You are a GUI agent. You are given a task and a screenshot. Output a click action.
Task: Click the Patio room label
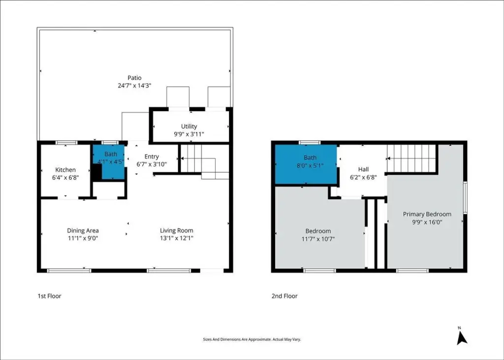(134, 77)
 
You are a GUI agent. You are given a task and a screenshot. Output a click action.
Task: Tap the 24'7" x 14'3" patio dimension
(134, 86)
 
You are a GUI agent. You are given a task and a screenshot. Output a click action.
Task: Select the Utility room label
(189, 126)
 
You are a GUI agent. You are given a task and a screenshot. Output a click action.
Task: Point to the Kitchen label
(65, 169)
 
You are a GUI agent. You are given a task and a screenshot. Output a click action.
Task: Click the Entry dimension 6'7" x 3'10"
(152, 164)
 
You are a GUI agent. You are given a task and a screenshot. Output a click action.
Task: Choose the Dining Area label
(83, 230)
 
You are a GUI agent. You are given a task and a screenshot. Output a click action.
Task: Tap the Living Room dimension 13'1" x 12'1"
(177, 238)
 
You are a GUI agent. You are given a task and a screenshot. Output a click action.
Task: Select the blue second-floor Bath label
(310, 157)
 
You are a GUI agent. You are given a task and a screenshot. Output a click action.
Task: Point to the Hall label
(363, 169)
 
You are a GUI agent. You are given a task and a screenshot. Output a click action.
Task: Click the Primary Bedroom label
(427, 214)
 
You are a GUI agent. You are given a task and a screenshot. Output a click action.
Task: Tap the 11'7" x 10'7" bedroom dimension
(318, 239)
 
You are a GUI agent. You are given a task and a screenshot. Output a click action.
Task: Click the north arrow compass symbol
(462, 337)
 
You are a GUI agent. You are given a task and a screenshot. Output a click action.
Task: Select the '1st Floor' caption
(49, 296)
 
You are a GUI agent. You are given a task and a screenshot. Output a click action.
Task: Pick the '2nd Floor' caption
(284, 296)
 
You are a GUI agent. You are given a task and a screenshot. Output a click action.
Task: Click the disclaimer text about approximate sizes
(252, 339)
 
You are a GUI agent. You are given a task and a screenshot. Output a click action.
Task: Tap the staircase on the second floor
(411, 158)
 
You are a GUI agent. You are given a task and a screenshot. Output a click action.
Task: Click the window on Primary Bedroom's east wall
(465, 197)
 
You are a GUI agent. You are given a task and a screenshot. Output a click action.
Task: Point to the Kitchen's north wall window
(66, 142)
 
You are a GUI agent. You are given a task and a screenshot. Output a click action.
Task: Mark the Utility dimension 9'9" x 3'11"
(189, 134)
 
